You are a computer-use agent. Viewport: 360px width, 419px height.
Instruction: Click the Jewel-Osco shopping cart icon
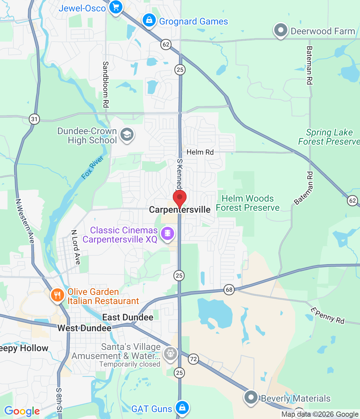tap(116, 7)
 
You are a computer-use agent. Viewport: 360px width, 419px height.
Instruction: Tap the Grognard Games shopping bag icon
tap(149, 20)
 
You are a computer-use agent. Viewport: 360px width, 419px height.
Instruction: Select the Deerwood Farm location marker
tap(280, 30)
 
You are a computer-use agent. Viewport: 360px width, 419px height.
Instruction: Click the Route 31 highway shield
tap(34, 119)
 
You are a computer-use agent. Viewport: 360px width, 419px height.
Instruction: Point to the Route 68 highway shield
tap(229, 289)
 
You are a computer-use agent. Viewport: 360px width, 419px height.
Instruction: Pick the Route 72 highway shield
tap(193, 359)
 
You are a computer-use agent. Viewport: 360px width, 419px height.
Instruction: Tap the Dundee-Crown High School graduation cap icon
tap(127, 135)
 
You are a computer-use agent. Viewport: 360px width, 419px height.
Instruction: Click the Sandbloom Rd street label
tap(106, 84)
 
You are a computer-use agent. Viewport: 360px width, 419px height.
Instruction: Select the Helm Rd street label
tap(200, 152)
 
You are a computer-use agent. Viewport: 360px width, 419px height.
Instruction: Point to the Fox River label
tap(92, 168)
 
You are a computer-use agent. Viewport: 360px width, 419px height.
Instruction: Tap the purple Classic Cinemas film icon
tap(168, 233)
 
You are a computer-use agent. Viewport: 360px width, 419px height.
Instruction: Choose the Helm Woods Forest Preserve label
tap(248, 203)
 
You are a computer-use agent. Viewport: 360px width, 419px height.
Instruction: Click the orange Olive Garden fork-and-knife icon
tap(57, 295)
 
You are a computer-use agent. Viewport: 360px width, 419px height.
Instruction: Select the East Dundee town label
tap(128, 317)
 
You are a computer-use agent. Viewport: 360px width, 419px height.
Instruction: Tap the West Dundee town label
tap(84, 328)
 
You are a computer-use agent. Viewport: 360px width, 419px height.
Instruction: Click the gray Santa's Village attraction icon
tap(170, 354)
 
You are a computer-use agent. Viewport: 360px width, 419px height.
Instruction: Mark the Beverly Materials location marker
tap(251, 397)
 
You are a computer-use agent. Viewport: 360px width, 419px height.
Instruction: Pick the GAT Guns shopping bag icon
tap(182, 408)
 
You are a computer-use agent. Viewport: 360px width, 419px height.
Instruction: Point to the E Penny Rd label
tap(327, 316)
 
